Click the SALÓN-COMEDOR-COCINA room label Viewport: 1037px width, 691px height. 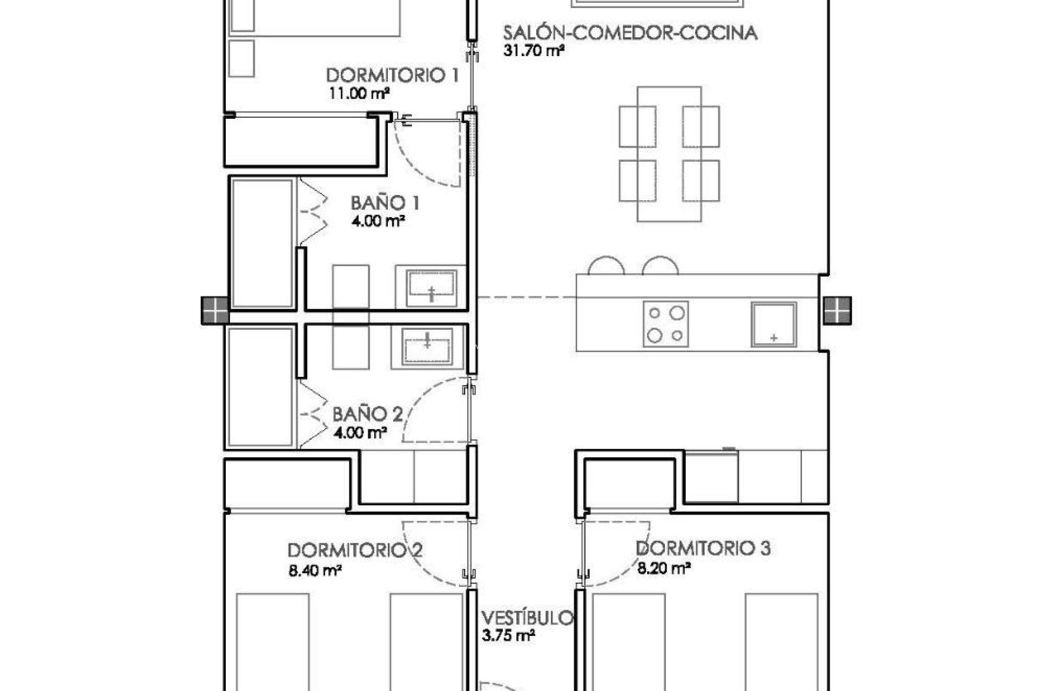630,33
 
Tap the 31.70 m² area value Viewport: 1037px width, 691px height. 534,51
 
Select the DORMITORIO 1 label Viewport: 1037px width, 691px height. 393,75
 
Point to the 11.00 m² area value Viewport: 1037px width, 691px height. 359,93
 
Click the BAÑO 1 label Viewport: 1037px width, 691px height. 385,204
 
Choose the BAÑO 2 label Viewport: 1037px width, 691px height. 367,415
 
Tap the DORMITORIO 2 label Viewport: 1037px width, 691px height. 355,551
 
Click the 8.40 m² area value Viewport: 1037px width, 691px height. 315,570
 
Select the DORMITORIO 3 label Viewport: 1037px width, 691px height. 703,548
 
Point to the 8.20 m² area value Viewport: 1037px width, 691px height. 664,568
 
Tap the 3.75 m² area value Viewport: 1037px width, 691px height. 508,635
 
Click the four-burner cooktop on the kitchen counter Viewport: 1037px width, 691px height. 665,324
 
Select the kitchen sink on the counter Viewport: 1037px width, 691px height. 773,324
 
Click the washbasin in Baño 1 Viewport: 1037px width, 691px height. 432,286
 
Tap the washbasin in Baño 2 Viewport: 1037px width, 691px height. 427,345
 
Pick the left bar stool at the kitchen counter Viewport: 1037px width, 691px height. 606,266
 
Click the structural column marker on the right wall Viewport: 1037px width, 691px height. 837,310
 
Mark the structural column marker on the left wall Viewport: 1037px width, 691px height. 215,310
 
